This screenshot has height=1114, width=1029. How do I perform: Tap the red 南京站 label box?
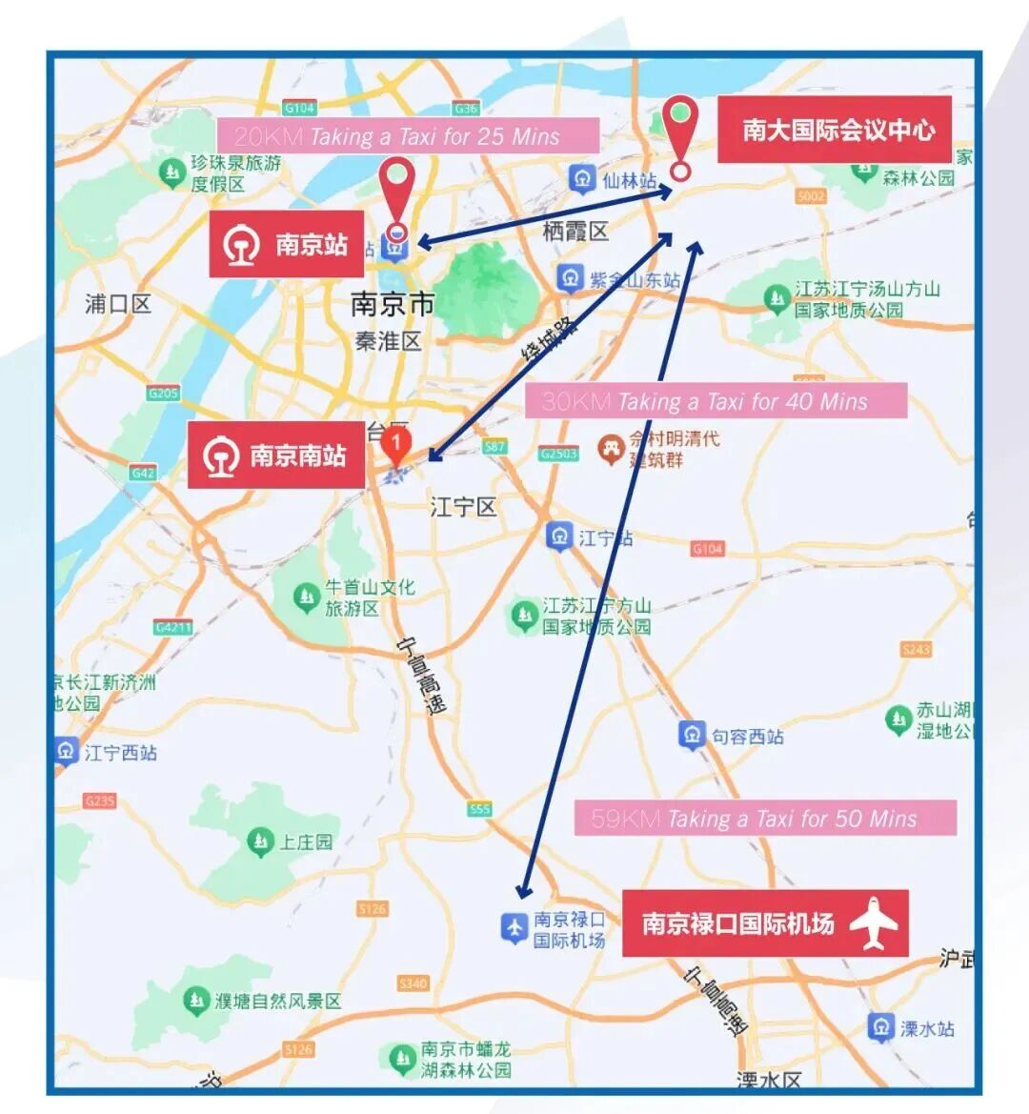(287, 245)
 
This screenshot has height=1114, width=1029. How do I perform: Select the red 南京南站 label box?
(276, 456)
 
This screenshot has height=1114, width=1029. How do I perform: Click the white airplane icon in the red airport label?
(874, 923)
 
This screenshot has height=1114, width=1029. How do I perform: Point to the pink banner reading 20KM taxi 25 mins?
(408, 136)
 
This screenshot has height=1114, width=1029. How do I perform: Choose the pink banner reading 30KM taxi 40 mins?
(716, 401)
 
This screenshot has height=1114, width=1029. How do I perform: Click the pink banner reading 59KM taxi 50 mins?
(765, 819)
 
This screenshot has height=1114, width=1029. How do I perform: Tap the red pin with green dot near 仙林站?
(680, 133)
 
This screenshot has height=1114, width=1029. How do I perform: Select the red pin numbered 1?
(396, 445)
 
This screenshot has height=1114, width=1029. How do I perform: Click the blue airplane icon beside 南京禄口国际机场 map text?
(514, 927)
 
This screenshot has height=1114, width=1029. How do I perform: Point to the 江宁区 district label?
(464, 507)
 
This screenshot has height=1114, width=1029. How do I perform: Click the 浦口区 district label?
(118, 304)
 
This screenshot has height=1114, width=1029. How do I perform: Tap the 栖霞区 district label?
(575, 232)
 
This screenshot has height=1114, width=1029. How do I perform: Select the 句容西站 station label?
(748, 737)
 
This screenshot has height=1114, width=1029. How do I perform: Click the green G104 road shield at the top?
(299, 108)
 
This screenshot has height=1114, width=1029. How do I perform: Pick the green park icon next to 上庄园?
(259, 841)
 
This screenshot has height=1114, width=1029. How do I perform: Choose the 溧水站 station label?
(926, 1028)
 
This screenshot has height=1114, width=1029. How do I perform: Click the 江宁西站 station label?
(120, 753)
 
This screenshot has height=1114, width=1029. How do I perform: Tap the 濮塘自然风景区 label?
(277, 1002)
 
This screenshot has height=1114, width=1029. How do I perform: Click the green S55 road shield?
(479, 809)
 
